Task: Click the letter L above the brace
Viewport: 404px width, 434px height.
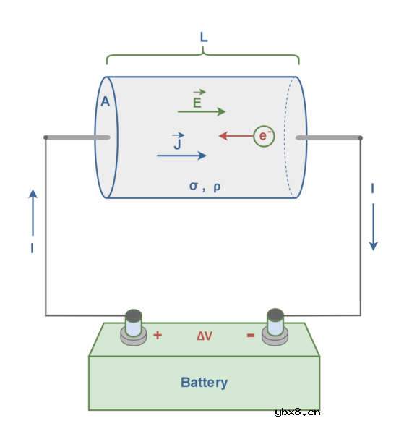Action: (x=204, y=37)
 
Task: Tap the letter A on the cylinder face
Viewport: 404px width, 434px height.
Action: (x=105, y=101)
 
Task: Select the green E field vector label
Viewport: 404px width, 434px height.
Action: (x=198, y=99)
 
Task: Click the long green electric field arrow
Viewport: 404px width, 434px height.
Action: (x=202, y=111)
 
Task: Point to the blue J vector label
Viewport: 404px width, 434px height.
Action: (x=178, y=141)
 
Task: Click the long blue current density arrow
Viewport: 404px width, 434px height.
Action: (x=181, y=156)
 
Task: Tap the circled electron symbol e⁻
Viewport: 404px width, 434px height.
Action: (x=264, y=136)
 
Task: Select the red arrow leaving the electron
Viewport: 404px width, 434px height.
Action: (x=236, y=136)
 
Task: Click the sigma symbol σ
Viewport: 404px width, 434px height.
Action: (x=194, y=186)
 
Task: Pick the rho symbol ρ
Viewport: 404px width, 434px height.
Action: (x=217, y=187)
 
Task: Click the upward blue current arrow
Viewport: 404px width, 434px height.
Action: (x=33, y=213)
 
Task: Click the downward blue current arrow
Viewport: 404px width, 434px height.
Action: (x=374, y=227)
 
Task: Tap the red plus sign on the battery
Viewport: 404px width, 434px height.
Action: (x=158, y=335)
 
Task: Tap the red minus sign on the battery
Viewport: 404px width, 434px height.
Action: (x=251, y=336)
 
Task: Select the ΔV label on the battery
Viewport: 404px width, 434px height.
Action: (x=205, y=336)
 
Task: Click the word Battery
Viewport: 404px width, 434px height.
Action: (x=204, y=383)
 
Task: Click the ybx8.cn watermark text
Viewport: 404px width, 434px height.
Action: (x=298, y=412)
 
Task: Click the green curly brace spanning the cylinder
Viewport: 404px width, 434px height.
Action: (x=203, y=55)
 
